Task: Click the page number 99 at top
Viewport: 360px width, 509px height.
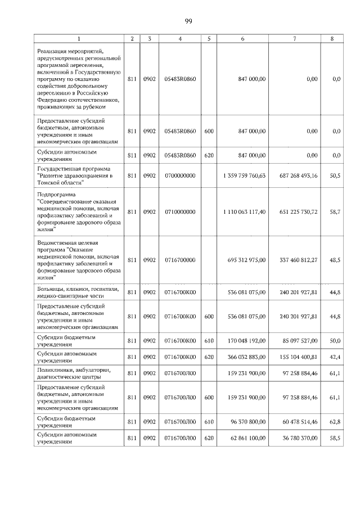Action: click(x=188, y=21)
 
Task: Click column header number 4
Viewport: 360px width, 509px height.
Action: click(x=179, y=39)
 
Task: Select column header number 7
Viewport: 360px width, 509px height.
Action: click(x=295, y=39)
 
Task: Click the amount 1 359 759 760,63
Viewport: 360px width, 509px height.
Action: click(x=244, y=175)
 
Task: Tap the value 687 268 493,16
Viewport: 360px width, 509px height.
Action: click(x=298, y=175)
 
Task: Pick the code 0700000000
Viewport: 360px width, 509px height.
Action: click(x=179, y=175)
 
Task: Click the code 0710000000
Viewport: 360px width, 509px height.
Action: click(x=179, y=211)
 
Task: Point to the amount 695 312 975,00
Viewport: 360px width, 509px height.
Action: click(x=245, y=260)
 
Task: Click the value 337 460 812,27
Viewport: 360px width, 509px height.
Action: click(x=298, y=260)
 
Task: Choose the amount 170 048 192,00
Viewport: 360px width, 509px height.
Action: click(x=245, y=341)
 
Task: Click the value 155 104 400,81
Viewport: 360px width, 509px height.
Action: click(x=298, y=357)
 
